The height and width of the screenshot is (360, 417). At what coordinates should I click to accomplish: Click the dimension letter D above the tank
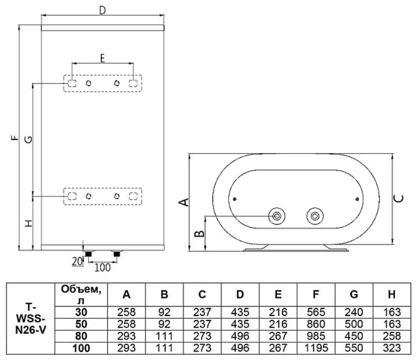point(102,11)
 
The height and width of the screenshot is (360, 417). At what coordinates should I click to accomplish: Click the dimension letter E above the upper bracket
point(102,58)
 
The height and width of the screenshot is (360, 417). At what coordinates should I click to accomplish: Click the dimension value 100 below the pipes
point(102,267)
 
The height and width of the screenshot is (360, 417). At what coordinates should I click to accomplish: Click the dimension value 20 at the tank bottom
point(77,261)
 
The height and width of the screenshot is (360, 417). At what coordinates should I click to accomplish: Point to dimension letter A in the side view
point(185,202)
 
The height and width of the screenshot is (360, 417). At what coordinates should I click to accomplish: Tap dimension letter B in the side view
point(200,233)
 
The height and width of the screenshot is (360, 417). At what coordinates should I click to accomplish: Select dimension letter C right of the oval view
point(398,198)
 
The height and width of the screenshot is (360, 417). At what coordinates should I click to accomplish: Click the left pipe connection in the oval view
point(277,217)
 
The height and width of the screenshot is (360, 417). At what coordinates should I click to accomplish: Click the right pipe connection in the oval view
point(316,217)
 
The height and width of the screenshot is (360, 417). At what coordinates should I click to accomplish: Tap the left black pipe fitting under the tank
point(88,254)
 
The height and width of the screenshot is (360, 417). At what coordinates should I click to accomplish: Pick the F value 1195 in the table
point(316,348)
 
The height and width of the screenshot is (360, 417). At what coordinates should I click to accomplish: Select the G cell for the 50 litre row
point(353,324)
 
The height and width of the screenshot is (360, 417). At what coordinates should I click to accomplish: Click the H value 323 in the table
point(391,348)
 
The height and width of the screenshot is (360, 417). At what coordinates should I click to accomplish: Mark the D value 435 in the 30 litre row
point(240,313)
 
